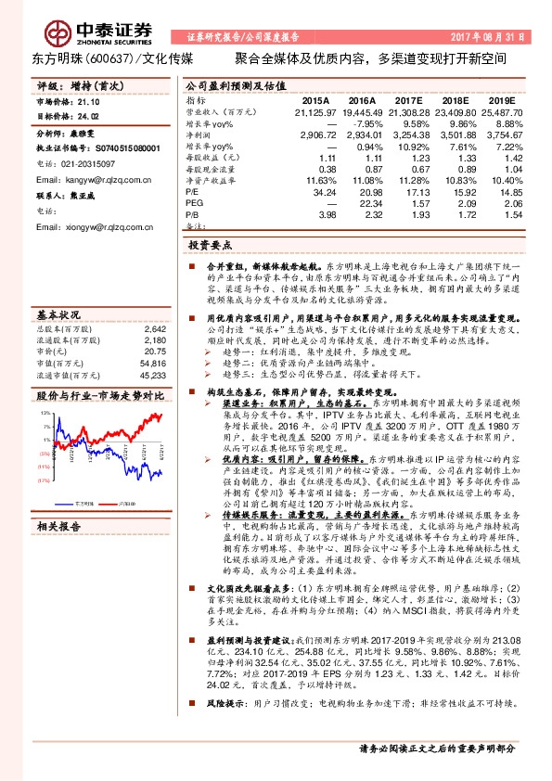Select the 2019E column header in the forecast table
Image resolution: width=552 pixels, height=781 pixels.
coord(501,99)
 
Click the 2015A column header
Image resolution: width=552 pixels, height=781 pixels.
coord(315,99)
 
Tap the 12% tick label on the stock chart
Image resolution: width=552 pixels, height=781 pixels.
coord(44,412)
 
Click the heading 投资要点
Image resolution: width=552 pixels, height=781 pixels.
coord(210,247)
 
